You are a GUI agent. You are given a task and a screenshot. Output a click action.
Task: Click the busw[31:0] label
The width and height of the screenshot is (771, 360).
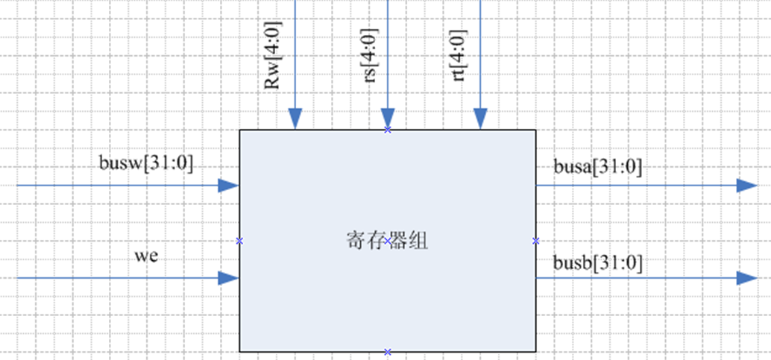tap(145, 162)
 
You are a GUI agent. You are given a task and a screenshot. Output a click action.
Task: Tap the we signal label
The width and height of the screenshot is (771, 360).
tap(146, 256)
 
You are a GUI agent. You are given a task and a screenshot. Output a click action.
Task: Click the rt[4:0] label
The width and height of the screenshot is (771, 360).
tap(461, 57)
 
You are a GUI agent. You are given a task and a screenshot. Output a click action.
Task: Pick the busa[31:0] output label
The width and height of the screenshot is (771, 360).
tap(597, 167)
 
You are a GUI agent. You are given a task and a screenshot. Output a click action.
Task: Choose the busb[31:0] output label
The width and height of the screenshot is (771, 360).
tap(597, 262)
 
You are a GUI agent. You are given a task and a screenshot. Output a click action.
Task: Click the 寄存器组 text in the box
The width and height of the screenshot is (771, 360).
tap(387, 240)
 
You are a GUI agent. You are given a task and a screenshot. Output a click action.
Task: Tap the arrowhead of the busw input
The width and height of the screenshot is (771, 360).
tap(228, 186)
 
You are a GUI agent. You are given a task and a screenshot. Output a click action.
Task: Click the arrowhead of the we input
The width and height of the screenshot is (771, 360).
tap(228, 278)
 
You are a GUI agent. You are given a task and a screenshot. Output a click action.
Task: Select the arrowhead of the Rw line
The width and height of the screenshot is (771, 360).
tap(295, 119)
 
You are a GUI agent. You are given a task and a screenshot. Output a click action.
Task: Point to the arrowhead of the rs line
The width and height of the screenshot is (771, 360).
tap(388, 119)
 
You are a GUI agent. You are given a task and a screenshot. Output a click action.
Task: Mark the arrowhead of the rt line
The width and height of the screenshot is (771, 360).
tap(480, 119)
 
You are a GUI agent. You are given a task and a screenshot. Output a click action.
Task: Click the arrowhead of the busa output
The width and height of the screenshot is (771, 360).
tap(746, 186)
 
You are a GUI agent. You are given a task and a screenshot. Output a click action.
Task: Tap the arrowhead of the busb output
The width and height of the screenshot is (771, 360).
tap(746, 278)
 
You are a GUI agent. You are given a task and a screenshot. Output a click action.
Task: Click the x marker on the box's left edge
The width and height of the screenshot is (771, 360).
tap(239, 241)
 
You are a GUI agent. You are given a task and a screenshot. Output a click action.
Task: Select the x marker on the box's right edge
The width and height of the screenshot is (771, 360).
tap(535, 241)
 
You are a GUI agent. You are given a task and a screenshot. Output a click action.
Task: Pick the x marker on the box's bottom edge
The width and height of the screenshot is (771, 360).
tap(388, 351)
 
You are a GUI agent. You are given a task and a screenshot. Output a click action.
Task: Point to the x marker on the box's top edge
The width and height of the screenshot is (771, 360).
tap(388, 130)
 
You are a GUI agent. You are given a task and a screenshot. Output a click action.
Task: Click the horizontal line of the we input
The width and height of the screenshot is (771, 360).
tap(112, 278)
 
